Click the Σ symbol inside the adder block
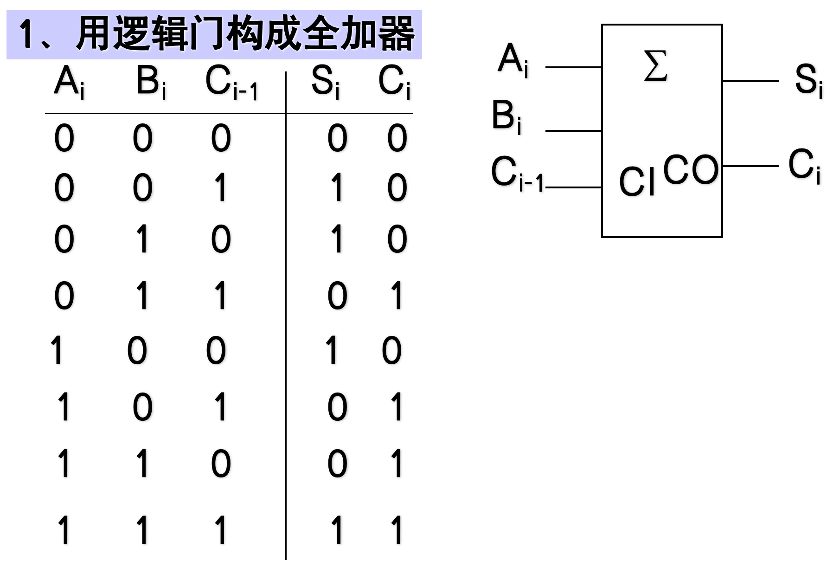tap(656, 66)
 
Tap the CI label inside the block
tap(637, 181)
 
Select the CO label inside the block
tap(690, 170)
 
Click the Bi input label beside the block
tap(506, 117)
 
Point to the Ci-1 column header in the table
tap(231, 84)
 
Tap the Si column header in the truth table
tap(325, 83)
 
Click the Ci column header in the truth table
tap(394, 83)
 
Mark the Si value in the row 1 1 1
tap(337, 529)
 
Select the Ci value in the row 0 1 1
tap(397, 296)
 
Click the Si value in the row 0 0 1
tap(337, 187)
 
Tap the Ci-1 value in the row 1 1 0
tap(221, 464)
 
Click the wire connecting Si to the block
tap(750, 81)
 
